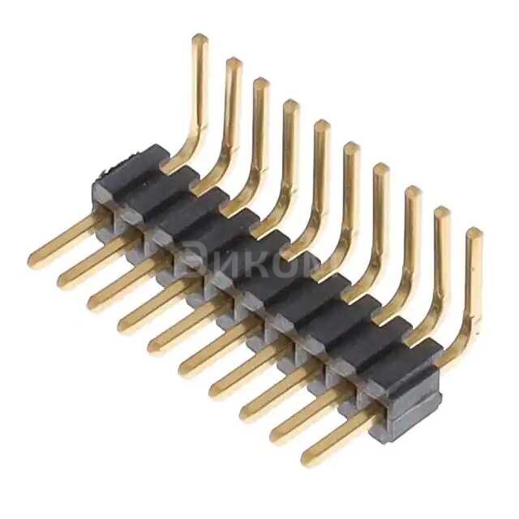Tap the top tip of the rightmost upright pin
474,234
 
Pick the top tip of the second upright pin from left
234,63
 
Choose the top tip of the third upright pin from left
260,83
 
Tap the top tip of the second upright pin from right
443,212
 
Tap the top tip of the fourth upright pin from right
381,169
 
